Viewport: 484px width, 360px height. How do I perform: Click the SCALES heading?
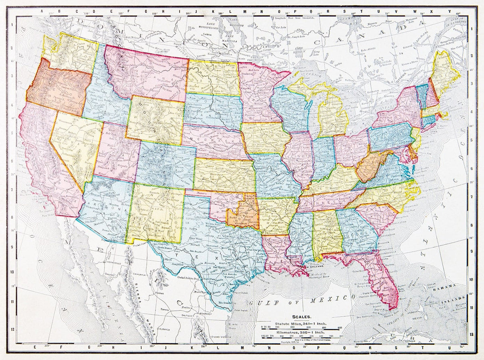point(300,317)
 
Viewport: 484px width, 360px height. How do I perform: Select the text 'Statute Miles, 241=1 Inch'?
point(300,323)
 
